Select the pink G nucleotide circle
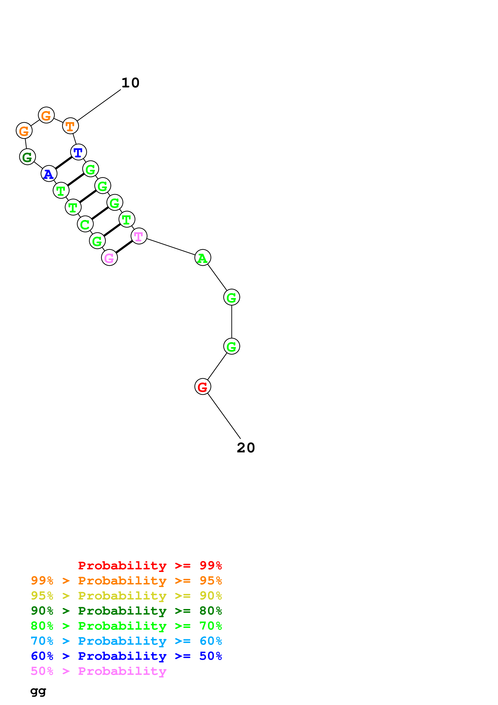click(109, 258)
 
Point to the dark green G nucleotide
click(27, 157)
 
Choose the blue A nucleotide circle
click(49, 174)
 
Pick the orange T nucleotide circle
click(70, 126)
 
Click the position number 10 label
click(130, 83)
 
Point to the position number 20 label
click(246, 448)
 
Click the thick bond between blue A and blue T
click(63, 163)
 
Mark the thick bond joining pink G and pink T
click(124, 247)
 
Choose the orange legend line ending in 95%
click(126, 581)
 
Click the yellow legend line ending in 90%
click(126, 596)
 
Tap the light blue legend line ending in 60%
click(126, 641)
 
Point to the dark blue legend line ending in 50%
click(126, 656)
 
